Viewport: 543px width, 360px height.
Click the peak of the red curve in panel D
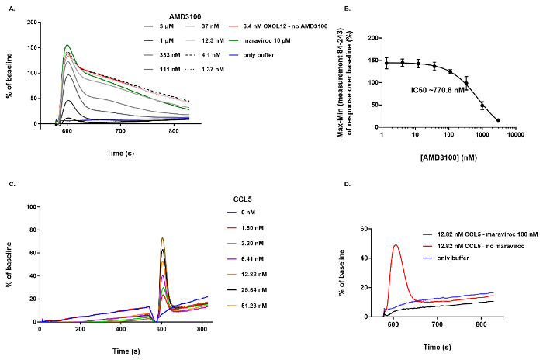pyautogui.click(x=396, y=245)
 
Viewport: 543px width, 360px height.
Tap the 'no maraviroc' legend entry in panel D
pyautogui.click(x=481, y=244)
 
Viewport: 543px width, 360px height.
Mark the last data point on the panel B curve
pyautogui.click(x=497, y=120)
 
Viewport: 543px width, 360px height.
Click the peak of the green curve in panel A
pyautogui.click(x=67, y=45)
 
